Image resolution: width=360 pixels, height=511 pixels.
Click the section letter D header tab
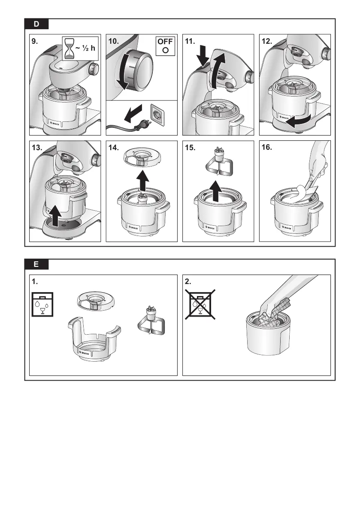click(36, 24)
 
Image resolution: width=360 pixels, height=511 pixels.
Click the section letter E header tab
click(36, 265)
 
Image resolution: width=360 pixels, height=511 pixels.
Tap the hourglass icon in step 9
click(69, 48)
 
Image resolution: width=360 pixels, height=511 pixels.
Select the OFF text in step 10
click(165, 42)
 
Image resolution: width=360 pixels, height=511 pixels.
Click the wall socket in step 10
click(156, 115)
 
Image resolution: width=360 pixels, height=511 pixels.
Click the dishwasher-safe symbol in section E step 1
click(42, 304)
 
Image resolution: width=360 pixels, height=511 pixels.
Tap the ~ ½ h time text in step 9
click(85, 48)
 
